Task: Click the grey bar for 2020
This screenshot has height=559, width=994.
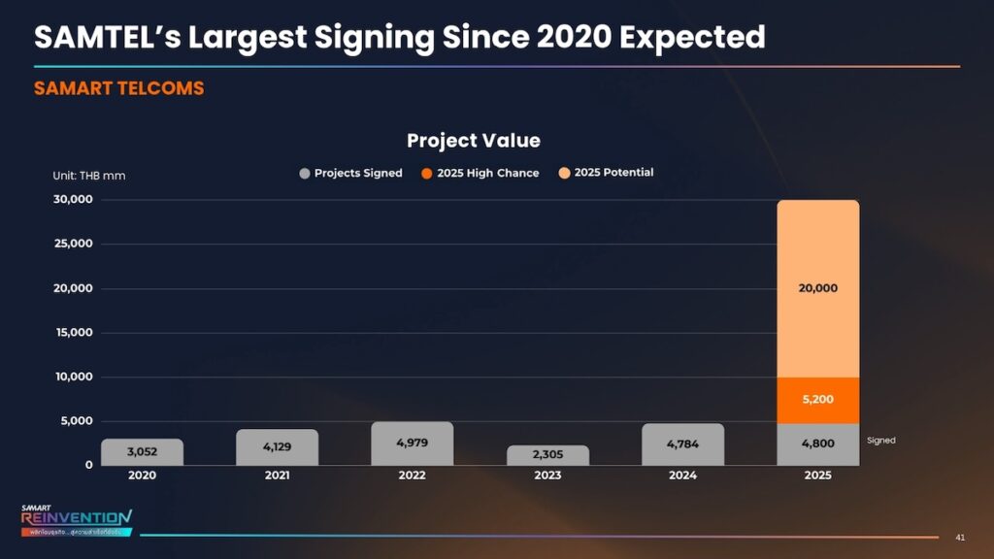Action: [x=142, y=452]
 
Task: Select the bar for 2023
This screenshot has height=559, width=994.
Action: [x=547, y=455]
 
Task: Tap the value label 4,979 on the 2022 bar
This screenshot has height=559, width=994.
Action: [x=413, y=443]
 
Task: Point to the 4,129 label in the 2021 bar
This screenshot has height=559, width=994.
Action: [x=277, y=447]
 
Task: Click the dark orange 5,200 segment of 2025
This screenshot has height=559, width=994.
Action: [x=817, y=399]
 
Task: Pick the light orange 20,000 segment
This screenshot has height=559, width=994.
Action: [x=817, y=288]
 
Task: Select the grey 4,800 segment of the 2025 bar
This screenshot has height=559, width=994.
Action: [x=817, y=444]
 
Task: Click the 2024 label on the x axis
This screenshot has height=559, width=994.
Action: [x=682, y=476]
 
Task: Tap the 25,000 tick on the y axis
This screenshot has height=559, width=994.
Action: [x=73, y=244]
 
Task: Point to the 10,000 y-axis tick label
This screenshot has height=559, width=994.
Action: [x=73, y=377]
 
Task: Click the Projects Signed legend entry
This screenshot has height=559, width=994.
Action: [x=350, y=173]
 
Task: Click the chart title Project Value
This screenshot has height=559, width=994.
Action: [x=474, y=141]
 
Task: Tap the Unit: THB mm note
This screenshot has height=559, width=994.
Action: [x=88, y=176]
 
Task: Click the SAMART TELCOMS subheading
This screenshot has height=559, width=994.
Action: [x=118, y=88]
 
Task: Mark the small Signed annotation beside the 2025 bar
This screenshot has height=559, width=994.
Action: [x=881, y=441]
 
